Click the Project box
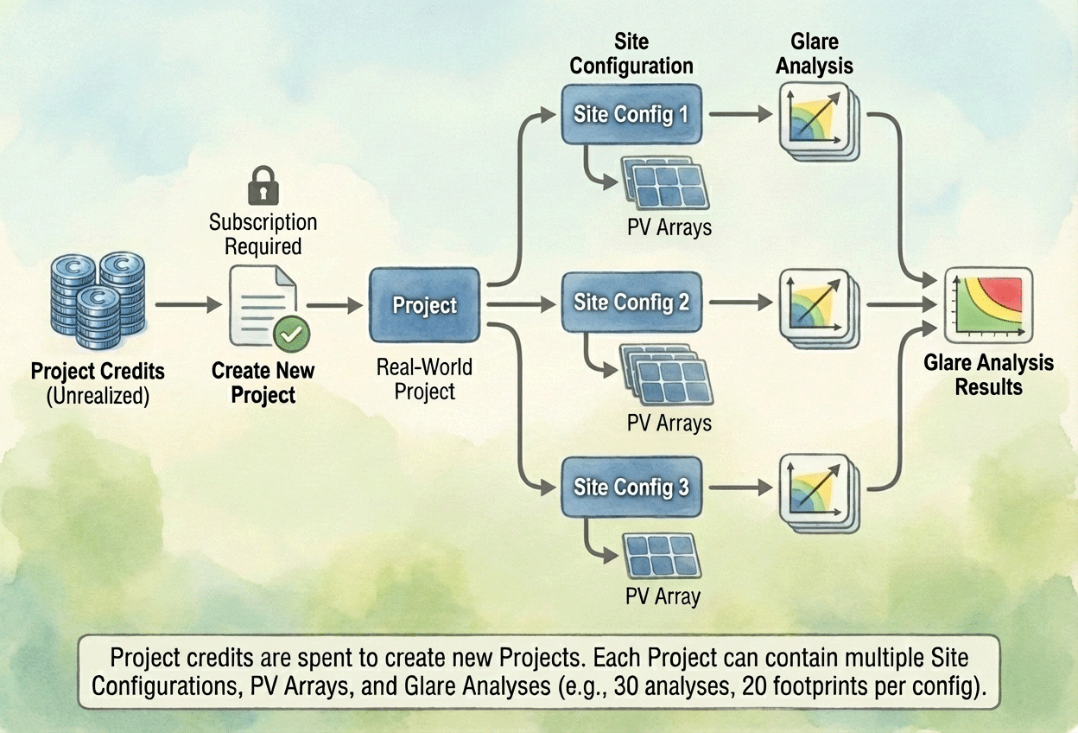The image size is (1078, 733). point(424,304)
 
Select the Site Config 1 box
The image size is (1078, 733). point(631,113)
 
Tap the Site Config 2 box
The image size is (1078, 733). point(631,303)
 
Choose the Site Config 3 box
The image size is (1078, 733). point(631,488)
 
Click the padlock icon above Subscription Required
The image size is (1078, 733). point(263,186)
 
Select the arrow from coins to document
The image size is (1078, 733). point(188,304)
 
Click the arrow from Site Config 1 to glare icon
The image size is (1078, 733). point(742,113)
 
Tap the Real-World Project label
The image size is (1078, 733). point(424,379)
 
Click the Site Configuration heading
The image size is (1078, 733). point(631,54)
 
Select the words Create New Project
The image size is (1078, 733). point(263,383)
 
